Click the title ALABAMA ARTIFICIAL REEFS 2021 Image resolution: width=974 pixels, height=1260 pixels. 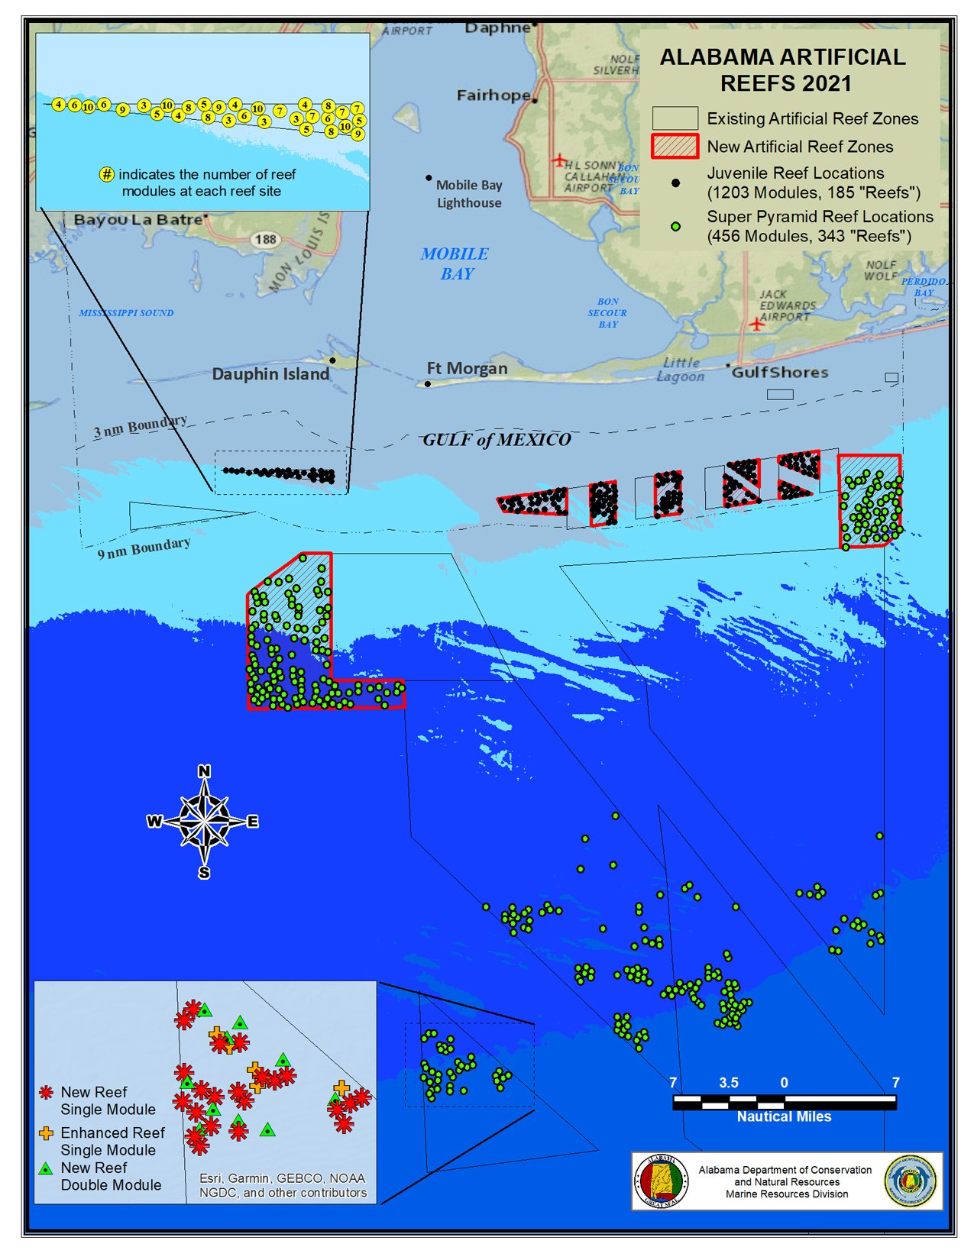pos(783,70)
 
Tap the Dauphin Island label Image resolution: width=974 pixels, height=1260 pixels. pos(270,374)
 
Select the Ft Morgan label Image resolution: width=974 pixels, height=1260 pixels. pos(467,369)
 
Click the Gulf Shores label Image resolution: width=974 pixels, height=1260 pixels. pos(780,373)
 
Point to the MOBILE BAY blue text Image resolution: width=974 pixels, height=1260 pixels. pos(455,263)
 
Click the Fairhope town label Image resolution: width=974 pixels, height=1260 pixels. pos(493,95)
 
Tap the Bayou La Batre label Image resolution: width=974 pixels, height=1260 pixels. pos(138,220)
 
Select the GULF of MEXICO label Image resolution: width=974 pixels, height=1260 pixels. pos(497,440)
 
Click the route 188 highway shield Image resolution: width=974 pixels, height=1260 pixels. pos(265,240)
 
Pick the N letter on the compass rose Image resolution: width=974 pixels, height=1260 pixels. pos(204,771)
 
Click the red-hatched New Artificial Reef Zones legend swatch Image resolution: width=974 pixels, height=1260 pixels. pos(675,147)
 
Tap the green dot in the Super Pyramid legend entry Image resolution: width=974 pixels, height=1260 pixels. pos(675,227)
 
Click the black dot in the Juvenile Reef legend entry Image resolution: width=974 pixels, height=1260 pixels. pos(675,183)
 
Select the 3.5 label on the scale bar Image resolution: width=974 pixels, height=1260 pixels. pos(729,1083)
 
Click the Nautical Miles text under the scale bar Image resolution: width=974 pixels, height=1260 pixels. pos(784,1116)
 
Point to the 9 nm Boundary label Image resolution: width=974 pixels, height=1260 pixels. pos(144,548)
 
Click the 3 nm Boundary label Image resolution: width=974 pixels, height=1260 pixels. pos(140,428)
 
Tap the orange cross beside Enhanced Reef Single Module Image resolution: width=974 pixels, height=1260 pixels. pos(47,1134)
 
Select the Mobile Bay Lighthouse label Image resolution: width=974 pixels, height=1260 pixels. pos(469,194)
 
